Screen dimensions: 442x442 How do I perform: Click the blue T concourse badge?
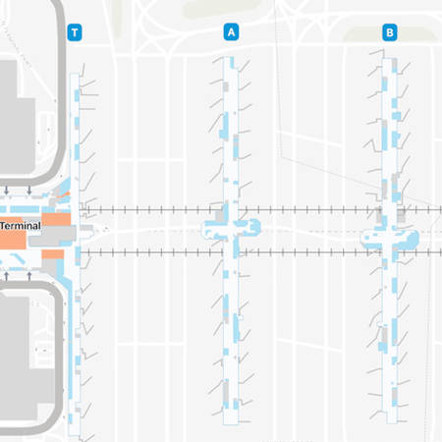75,32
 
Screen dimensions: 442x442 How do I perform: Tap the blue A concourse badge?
232,32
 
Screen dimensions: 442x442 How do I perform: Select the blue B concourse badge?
389,32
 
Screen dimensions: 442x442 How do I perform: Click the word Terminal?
21,225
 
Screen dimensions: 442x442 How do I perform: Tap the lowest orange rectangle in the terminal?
51,257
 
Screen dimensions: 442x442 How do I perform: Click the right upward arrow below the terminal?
30,273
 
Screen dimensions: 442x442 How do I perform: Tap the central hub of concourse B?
389,235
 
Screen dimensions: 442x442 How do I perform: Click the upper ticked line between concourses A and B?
309,208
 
